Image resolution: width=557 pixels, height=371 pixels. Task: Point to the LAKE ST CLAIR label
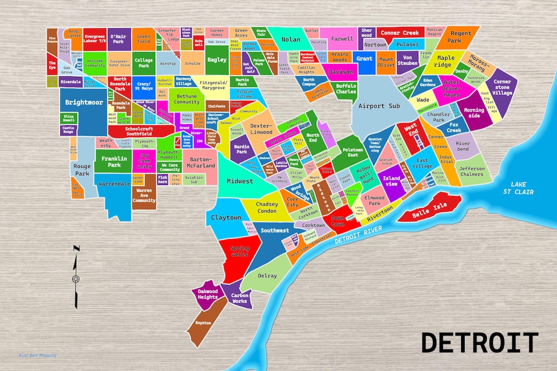pos(519,188)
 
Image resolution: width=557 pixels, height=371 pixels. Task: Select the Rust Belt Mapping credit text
pos(37,356)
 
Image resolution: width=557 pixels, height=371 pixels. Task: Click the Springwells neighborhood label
pos(240,252)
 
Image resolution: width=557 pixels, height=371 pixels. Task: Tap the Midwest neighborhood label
pos(240,181)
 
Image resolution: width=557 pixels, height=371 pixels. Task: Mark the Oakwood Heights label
pos(208,295)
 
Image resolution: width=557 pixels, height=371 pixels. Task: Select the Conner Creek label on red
pos(400,33)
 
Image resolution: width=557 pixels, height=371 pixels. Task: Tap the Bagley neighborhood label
pos(217,60)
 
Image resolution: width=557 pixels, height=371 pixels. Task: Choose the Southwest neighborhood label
pos(275,230)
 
